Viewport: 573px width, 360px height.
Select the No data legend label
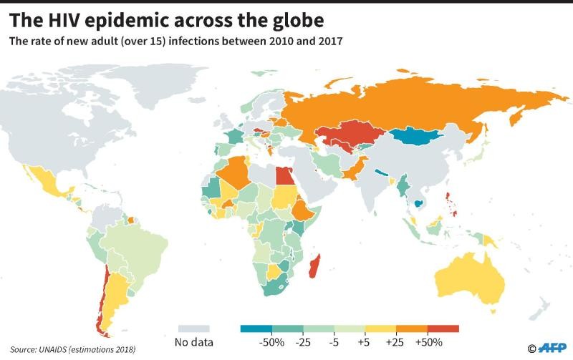(x=196, y=341)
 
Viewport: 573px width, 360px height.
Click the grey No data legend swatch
(x=196, y=328)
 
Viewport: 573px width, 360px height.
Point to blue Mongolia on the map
(x=416, y=137)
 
